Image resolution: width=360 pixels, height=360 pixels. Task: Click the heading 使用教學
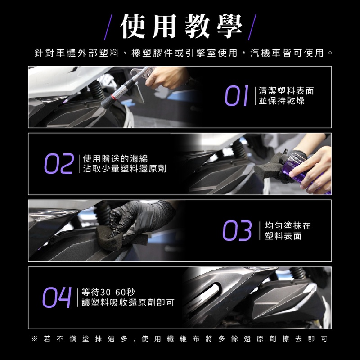[181, 26]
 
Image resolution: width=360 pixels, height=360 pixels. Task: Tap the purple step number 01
[237, 96]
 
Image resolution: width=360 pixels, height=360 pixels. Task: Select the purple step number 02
[59, 163]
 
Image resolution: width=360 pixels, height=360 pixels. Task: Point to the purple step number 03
[237, 230]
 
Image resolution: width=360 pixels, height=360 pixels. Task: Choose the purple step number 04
[57, 297]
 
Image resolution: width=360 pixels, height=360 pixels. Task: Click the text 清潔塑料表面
[286, 91]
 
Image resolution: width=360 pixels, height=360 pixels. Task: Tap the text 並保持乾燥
[282, 101]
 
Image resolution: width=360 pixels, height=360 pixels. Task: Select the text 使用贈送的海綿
[115, 159]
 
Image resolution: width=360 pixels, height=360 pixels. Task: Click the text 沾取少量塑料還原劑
[125, 169]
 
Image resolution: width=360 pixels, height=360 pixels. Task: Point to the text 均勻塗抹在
[288, 226]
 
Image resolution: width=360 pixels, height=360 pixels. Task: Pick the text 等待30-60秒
[108, 292]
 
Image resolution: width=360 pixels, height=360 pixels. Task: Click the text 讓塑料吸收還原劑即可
[128, 302]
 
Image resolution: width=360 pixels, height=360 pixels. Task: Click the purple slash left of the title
[108, 27]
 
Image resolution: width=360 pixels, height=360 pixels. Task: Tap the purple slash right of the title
[252, 27]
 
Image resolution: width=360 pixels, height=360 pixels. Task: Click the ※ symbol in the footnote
[35, 339]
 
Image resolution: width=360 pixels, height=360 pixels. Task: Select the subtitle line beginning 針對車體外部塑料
[183, 53]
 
